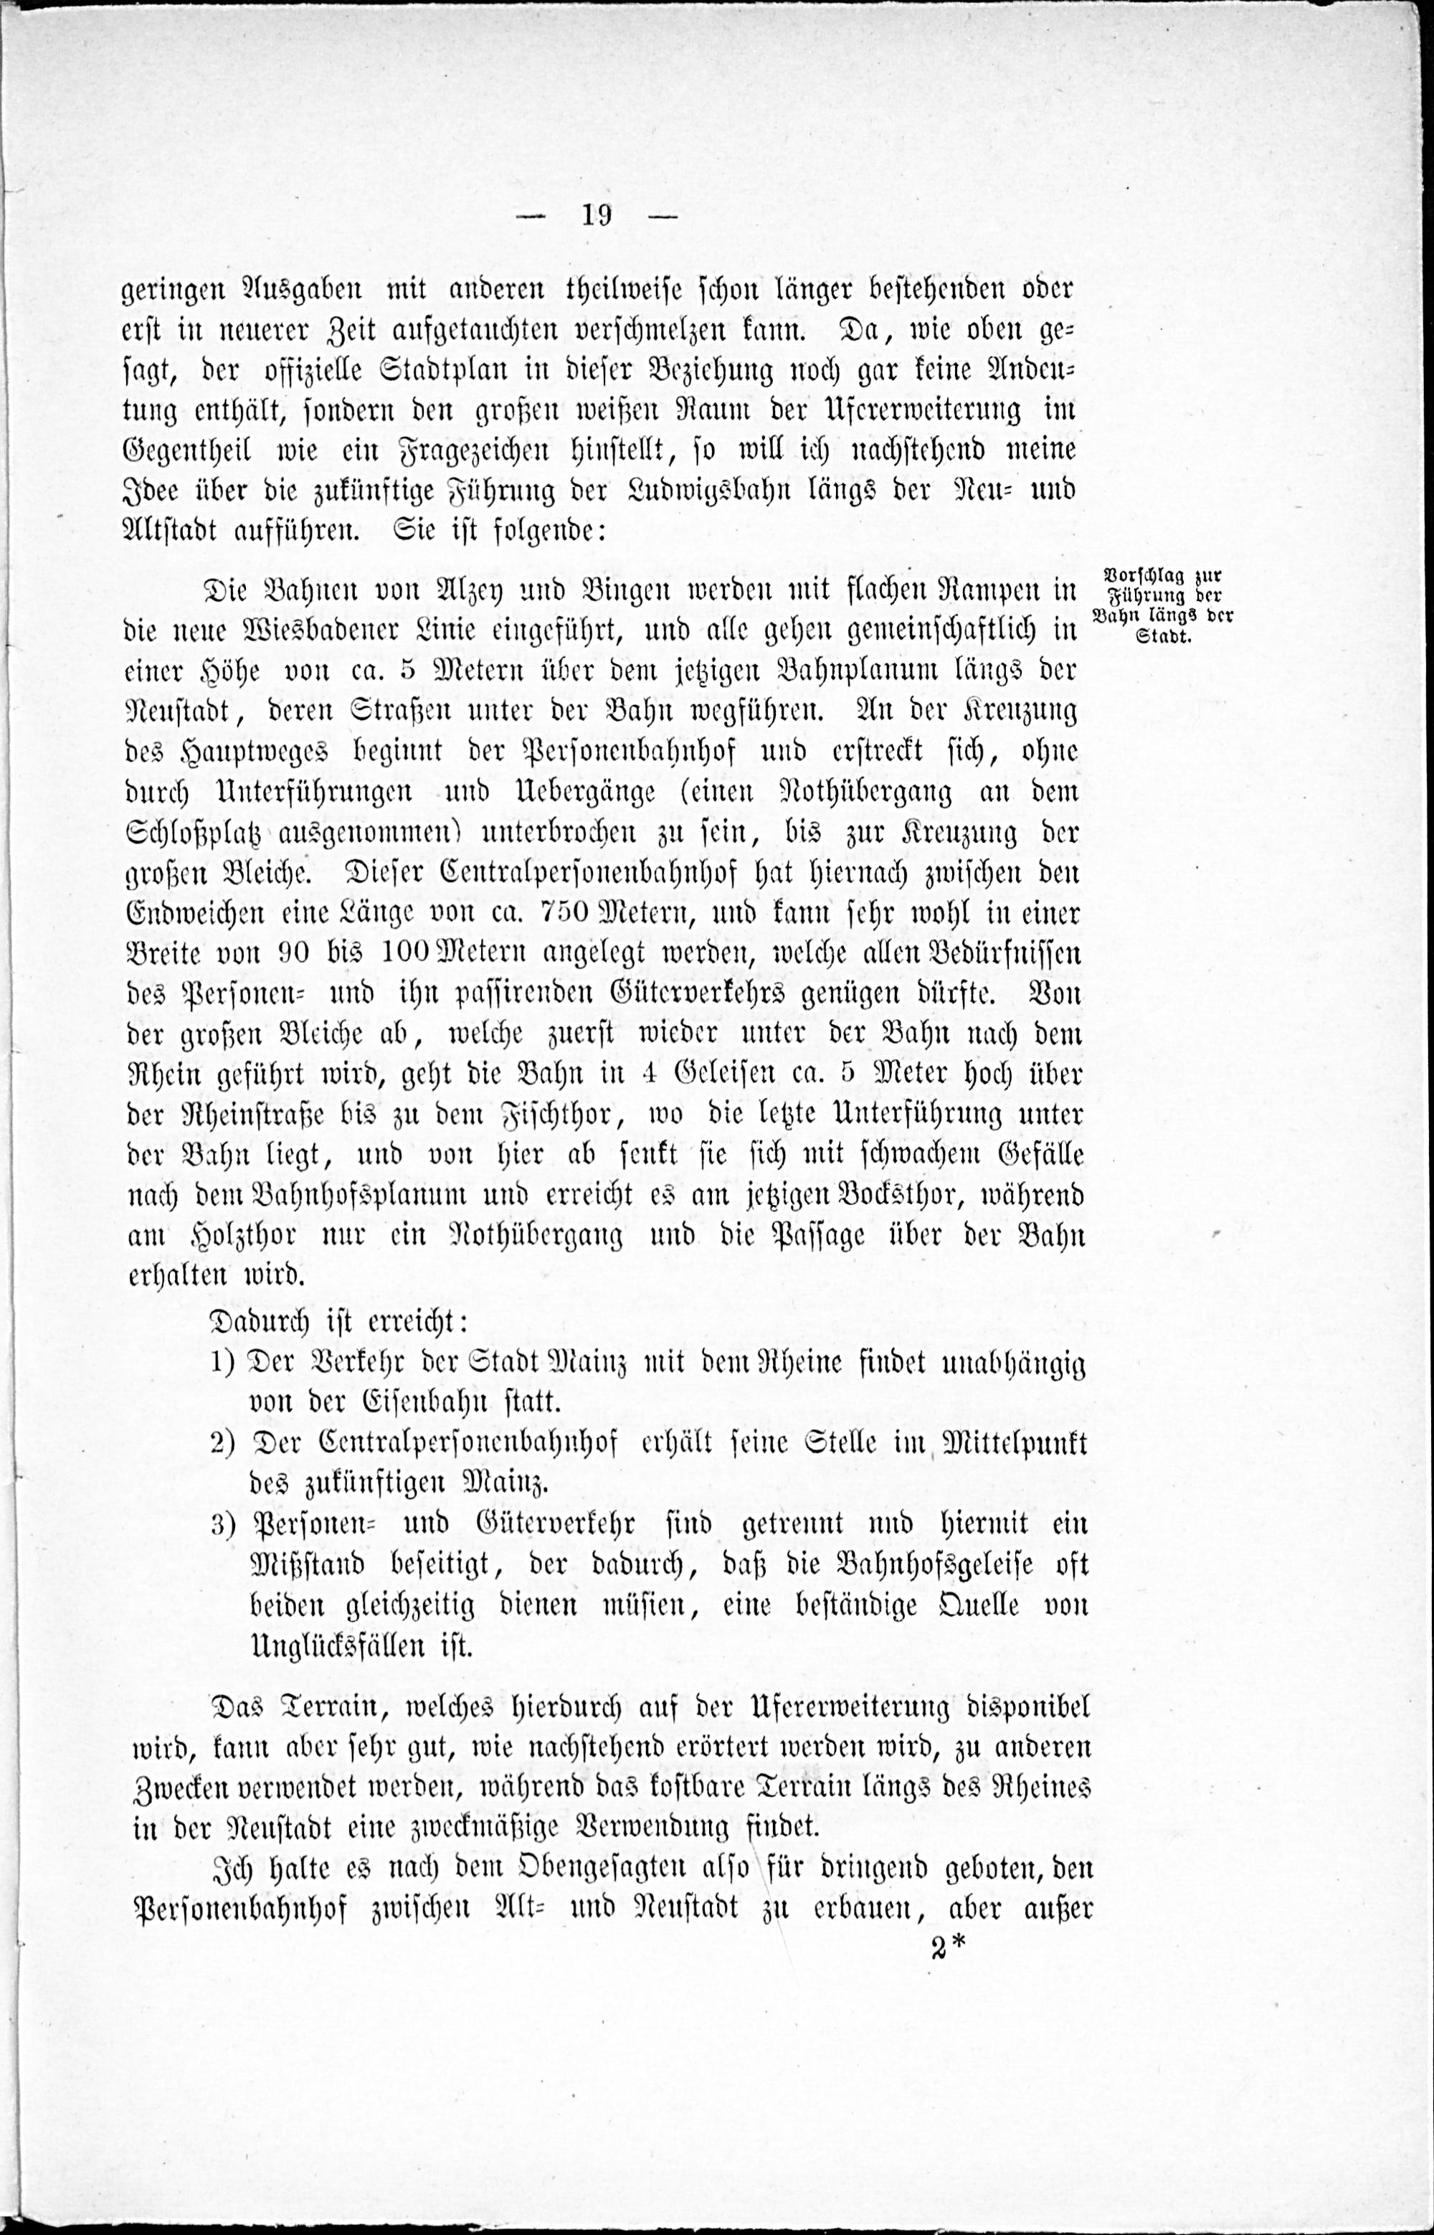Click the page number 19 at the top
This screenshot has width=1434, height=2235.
596,215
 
